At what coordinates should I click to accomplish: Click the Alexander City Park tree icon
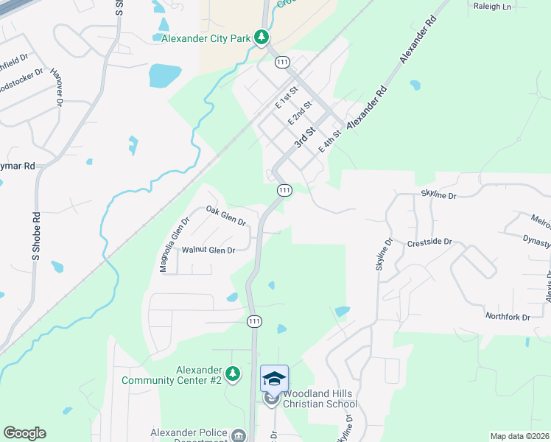tap(261, 37)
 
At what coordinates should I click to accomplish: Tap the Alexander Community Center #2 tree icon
tap(233, 375)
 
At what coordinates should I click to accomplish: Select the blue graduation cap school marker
tap(274, 379)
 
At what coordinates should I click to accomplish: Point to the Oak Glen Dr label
tap(225, 216)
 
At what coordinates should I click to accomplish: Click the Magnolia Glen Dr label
tap(175, 244)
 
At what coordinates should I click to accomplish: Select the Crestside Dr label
tap(429, 242)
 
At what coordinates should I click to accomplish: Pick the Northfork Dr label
tap(508, 317)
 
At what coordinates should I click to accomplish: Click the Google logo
tap(24, 433)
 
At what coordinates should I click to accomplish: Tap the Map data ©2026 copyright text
tap(519, 436)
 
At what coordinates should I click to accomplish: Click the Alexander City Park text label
tap(206, 38)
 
